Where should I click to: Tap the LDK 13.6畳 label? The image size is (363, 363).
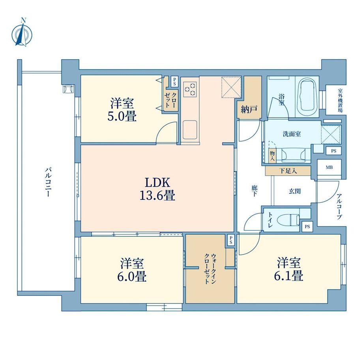pos(157,189)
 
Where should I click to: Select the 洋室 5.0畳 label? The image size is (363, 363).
pos(122,110)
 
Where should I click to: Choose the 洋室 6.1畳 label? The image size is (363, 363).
pos(289,269)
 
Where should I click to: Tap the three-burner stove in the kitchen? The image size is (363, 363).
pos(190,89)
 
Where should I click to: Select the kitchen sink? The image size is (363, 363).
pos(190,130)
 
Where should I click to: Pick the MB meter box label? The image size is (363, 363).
pos(329,167)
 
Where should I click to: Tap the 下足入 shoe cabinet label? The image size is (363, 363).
pos(288,171)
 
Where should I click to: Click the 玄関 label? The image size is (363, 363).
pos(295,191)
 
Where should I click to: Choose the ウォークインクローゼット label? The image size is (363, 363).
pos(210,269)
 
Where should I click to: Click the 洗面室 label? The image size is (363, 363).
pos(292,134)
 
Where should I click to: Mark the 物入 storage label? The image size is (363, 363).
pos(272,156)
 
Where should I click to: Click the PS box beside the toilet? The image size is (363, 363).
pos(307,226)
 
